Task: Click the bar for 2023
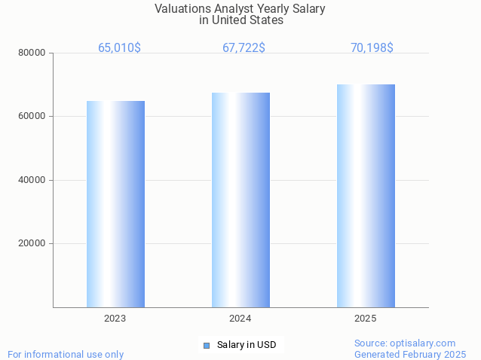[x=115, y=203]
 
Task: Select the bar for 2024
[x=240, y=200]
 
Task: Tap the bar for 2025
[x=366, y=196]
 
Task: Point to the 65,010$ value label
[x=119, y=47]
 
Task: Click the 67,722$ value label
[x=244, y=47]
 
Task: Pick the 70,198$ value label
[x=372, y=47]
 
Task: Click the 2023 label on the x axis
[x=115, y=319]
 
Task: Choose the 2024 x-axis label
[x=240, y=319]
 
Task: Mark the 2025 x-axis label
[x=366, y=319]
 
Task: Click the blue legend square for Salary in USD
[x=206, y=345]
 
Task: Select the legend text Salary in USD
[x=247, y=345]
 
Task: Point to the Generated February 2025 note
[x=410, y=354]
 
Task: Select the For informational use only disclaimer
[x=66, y=354]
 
